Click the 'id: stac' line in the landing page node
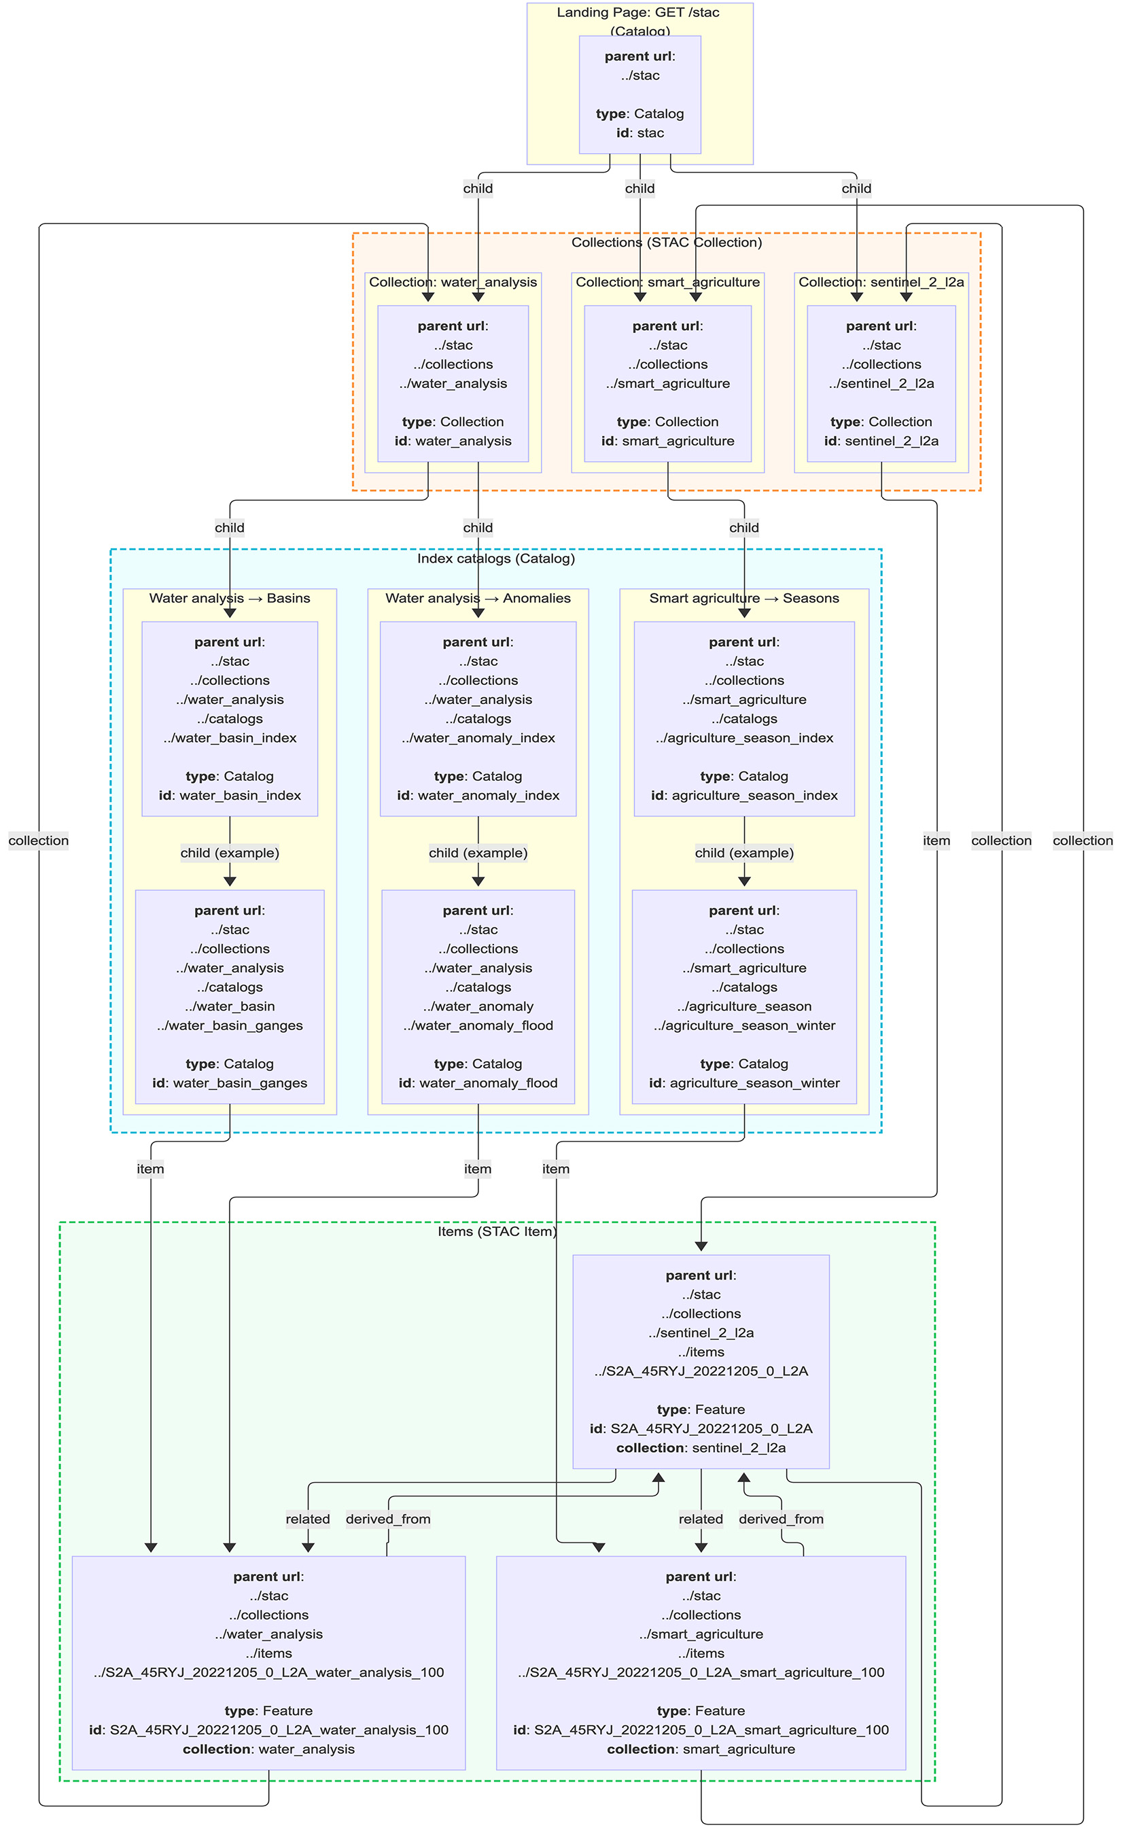pos(639,133)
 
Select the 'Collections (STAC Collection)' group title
pos(666,243)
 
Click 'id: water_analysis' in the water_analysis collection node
pos(453,441)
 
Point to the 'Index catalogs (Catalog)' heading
pos(495,559)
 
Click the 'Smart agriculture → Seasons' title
pos(743,598)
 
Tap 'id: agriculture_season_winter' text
pos(743,1083)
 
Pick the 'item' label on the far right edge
pos(936,841)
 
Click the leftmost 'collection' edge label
pos(39,841)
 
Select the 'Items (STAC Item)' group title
pos(497,1231)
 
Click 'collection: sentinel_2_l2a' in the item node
pos(701,1447)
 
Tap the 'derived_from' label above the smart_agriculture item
pos(781,1519)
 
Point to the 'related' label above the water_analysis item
pos(308,1519)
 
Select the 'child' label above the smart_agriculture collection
pos(639,188)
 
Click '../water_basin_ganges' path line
pos(229,1025)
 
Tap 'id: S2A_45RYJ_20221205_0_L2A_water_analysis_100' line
pos(268,1729)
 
